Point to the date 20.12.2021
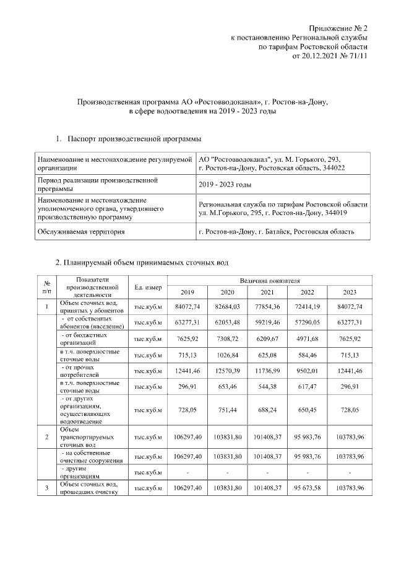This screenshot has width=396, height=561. [x=318, y=56]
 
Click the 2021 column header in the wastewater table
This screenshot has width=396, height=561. [x=267, y=293]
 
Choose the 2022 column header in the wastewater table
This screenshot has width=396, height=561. [x=307, y=293]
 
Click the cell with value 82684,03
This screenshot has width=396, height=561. [x=226, y=306]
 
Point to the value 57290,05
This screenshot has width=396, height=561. [x=307, y=322]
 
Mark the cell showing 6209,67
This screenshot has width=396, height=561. [x=267, y=339]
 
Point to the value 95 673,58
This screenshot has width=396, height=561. [x=307, y=489]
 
